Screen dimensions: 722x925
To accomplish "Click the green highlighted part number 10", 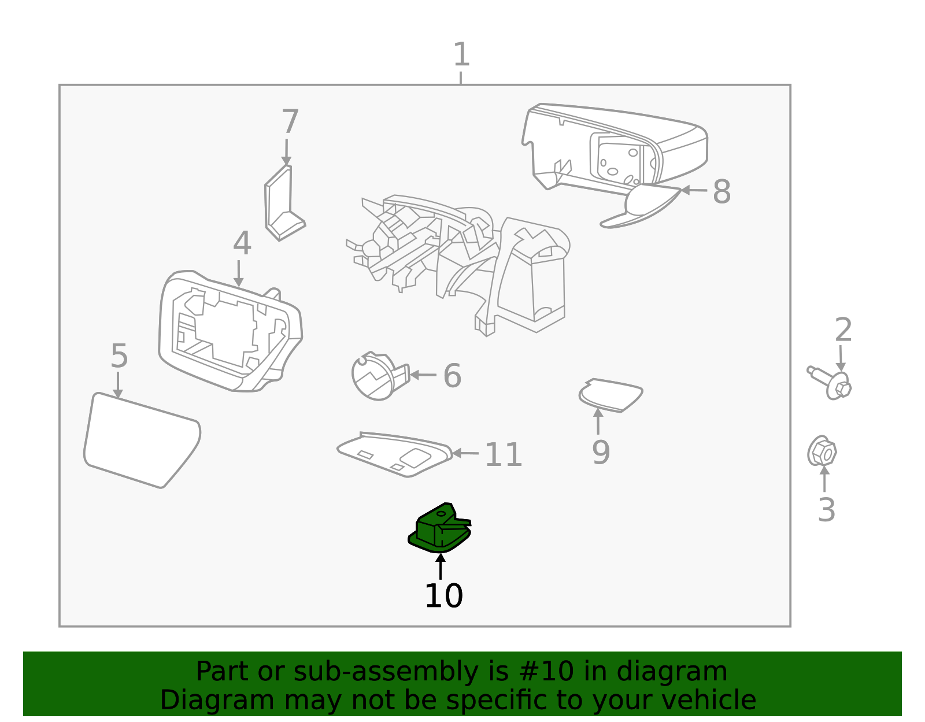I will (x=439, y=529).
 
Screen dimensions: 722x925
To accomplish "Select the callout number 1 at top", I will (x=461, y=55).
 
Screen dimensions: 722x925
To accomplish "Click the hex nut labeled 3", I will (x=822, y=452).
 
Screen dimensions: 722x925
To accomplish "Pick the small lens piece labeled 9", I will (x=610, y=395).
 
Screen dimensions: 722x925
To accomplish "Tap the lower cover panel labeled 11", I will (x=396, y=455).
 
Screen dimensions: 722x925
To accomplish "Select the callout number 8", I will (x=721, y=192).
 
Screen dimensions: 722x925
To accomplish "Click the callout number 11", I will (x=503, y=455).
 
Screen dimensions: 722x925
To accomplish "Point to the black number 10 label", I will (x=443, y=596).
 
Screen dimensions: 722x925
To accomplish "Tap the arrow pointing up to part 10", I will (x=441, y=567).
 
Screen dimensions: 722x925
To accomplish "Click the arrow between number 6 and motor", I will (x=423, y=375).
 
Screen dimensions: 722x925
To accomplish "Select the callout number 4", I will (x=242, y=243).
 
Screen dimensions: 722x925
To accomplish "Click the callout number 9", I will (x=601, y=452).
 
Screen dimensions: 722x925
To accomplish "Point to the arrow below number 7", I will (x=286, y=152).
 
